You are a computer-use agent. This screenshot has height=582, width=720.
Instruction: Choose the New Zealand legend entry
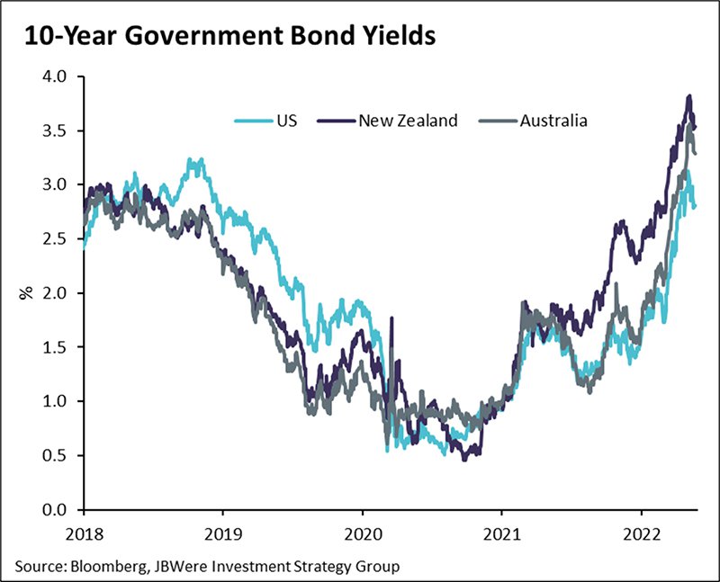click(x=408, y=120)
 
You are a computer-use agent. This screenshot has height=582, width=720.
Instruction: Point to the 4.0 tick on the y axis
click(x=55, y=76)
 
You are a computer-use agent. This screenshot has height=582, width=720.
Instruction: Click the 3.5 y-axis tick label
click(x=55, y=130)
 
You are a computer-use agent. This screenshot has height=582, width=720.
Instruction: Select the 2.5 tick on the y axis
click(x=55, y=238)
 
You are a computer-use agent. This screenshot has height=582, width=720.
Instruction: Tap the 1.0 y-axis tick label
click(x=55, y=401)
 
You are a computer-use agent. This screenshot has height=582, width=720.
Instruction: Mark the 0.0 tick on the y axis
click(x=55, y=509)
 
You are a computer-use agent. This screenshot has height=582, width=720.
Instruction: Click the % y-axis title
click(x=28, y=292)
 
